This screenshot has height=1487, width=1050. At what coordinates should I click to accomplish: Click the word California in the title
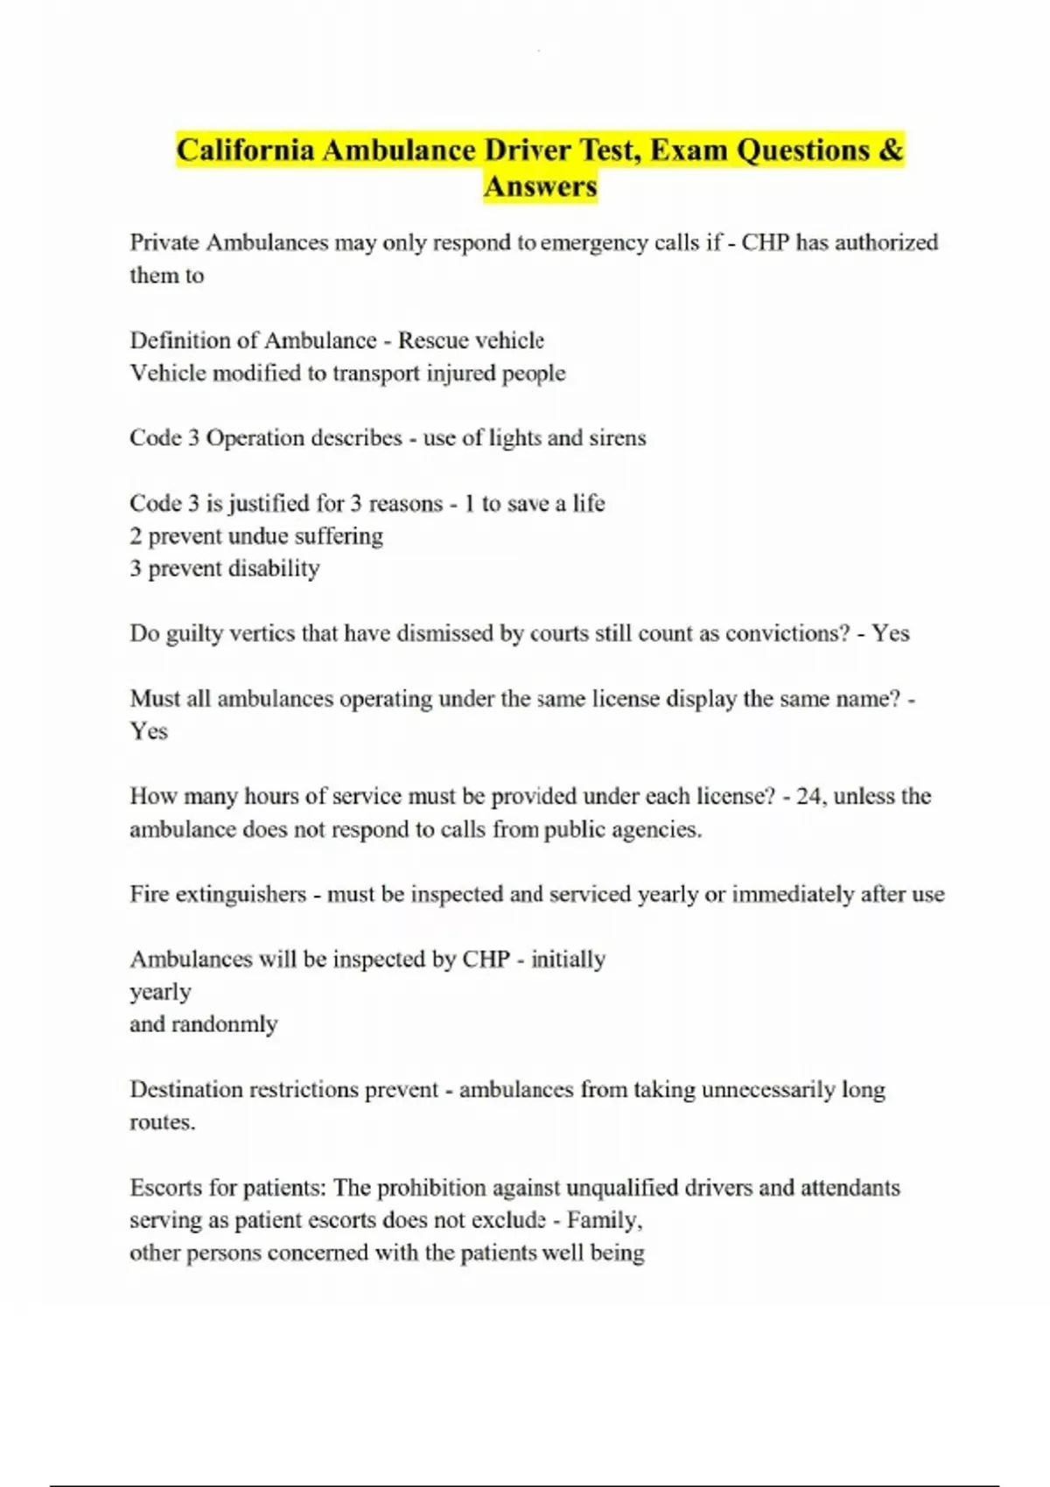tap(245, 150)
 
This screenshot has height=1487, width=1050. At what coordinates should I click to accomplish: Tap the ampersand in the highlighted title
tap(891, 150)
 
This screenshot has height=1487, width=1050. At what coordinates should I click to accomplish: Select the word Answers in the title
tap(540, 186)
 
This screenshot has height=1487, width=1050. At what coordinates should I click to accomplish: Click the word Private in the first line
tap(164, 242)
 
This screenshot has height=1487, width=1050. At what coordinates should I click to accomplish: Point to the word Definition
tap(192, 340)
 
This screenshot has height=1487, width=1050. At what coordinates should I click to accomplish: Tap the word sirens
tap(617, 437)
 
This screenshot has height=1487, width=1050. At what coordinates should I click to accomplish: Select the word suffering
tap(339, 535)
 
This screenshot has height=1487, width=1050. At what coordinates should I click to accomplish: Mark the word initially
tap(568, 960)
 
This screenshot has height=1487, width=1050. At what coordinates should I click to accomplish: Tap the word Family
tap(605, 1220)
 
